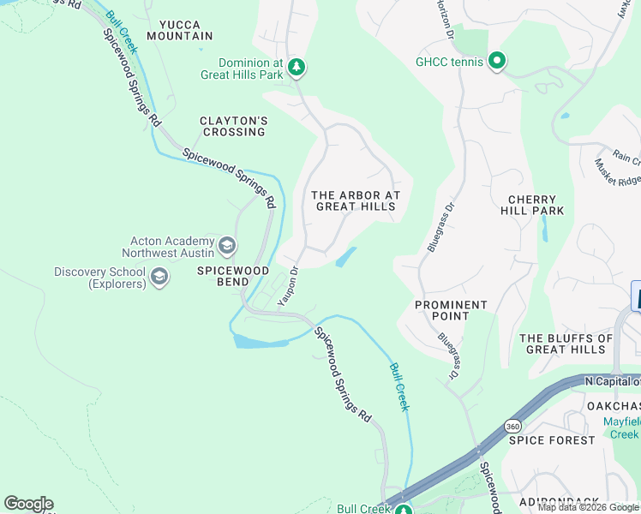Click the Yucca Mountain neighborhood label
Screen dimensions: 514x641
point(179,30)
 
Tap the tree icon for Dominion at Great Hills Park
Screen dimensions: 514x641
point(296,67)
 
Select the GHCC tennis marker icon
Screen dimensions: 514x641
point(496,61)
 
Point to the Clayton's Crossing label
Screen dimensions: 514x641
point(233,126)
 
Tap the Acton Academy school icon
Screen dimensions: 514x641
point(227,247)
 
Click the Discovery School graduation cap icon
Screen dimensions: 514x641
point(159,277)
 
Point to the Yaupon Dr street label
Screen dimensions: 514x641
point(288,286)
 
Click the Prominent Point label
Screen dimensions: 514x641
point(451,310)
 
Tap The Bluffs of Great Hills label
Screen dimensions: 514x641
point(566,344)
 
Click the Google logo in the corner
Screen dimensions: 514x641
point(28,504)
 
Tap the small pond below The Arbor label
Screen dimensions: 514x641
point(345,257)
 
